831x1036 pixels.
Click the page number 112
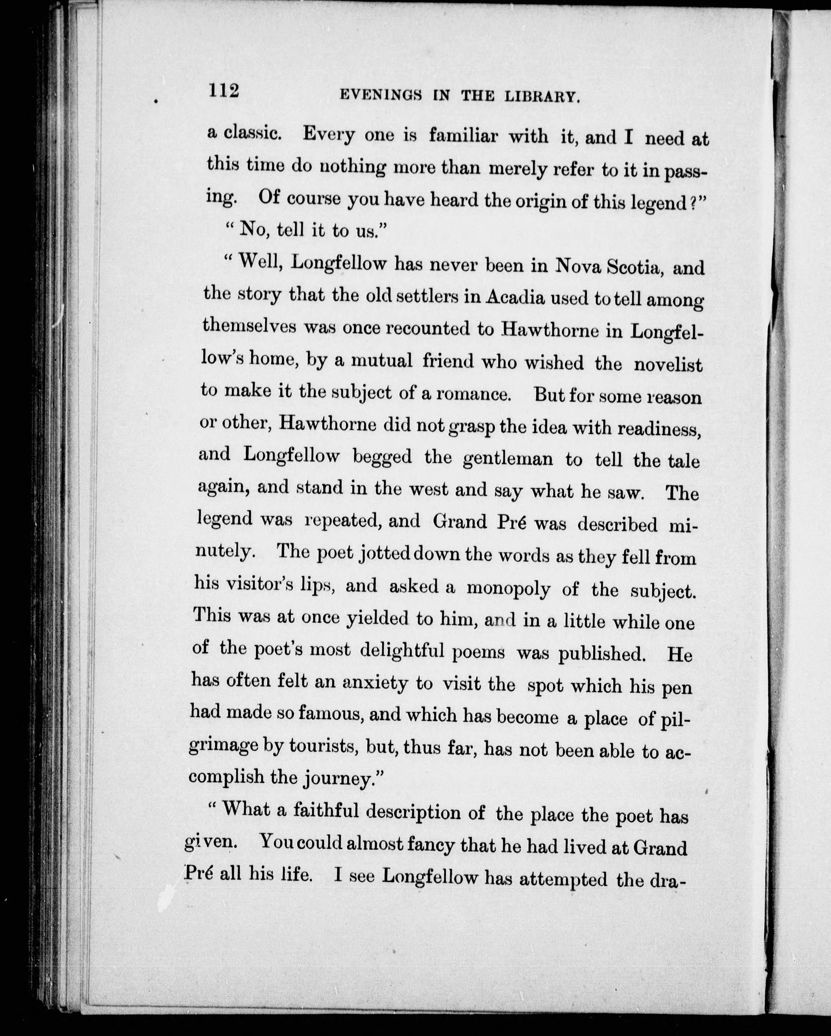(223, 90)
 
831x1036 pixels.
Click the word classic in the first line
(252, 133)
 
